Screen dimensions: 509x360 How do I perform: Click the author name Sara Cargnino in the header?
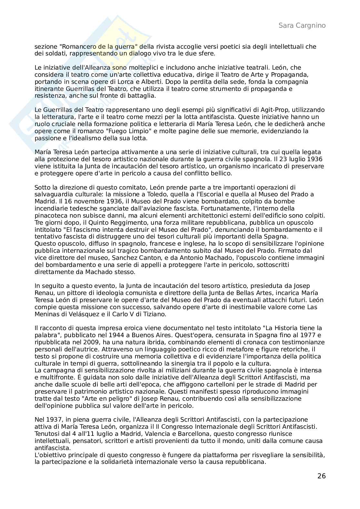302,25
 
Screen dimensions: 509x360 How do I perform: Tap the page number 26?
321,476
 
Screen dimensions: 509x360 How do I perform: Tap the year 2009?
90,342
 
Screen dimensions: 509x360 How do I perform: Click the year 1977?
309,335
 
